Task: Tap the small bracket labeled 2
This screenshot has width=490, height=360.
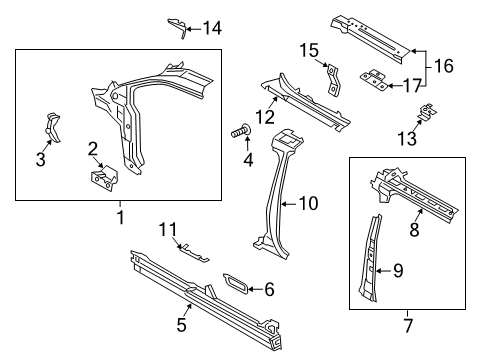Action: point(102,180)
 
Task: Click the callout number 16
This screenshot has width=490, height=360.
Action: point(446,67)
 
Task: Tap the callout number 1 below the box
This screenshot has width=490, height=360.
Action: point(121,214)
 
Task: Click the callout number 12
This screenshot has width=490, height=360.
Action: point(263,117)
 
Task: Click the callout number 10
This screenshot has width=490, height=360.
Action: point(308,204)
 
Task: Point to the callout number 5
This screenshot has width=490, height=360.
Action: point(181,322)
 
